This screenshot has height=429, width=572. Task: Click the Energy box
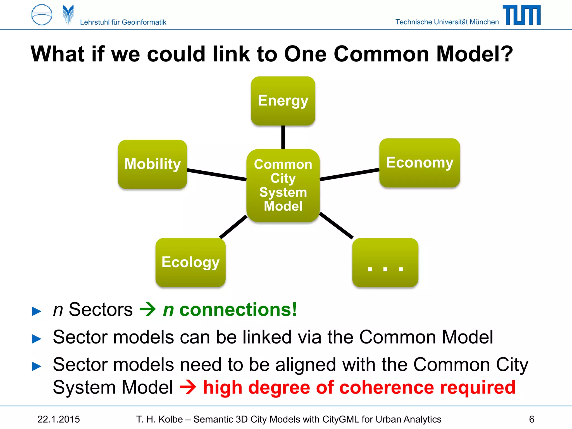(283, 101)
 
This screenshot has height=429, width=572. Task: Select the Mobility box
(152, 164)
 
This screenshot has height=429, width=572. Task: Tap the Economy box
(420, 163)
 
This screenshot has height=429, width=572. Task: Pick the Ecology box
(190, 262)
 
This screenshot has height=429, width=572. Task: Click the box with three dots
(385, 262)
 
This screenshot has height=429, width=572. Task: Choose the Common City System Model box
(283, 185)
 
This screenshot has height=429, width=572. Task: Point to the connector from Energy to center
(283, 137)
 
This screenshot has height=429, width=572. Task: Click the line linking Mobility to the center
(217, 175)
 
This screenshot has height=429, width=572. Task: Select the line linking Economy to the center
(349, 175)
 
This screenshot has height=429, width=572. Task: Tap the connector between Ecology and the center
(233, 227)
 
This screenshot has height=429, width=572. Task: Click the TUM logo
(521, 15)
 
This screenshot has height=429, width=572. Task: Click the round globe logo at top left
(42, 15)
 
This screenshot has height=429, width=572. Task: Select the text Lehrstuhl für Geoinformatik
(123, 22)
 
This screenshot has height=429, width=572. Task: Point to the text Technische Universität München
(447, 22)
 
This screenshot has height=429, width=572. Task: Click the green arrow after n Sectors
(147, 309)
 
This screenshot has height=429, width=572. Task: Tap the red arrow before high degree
(188, 387)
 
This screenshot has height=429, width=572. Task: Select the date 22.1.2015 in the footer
(59, 419)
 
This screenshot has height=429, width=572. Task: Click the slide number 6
(532, 419)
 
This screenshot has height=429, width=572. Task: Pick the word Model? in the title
(474, 54)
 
